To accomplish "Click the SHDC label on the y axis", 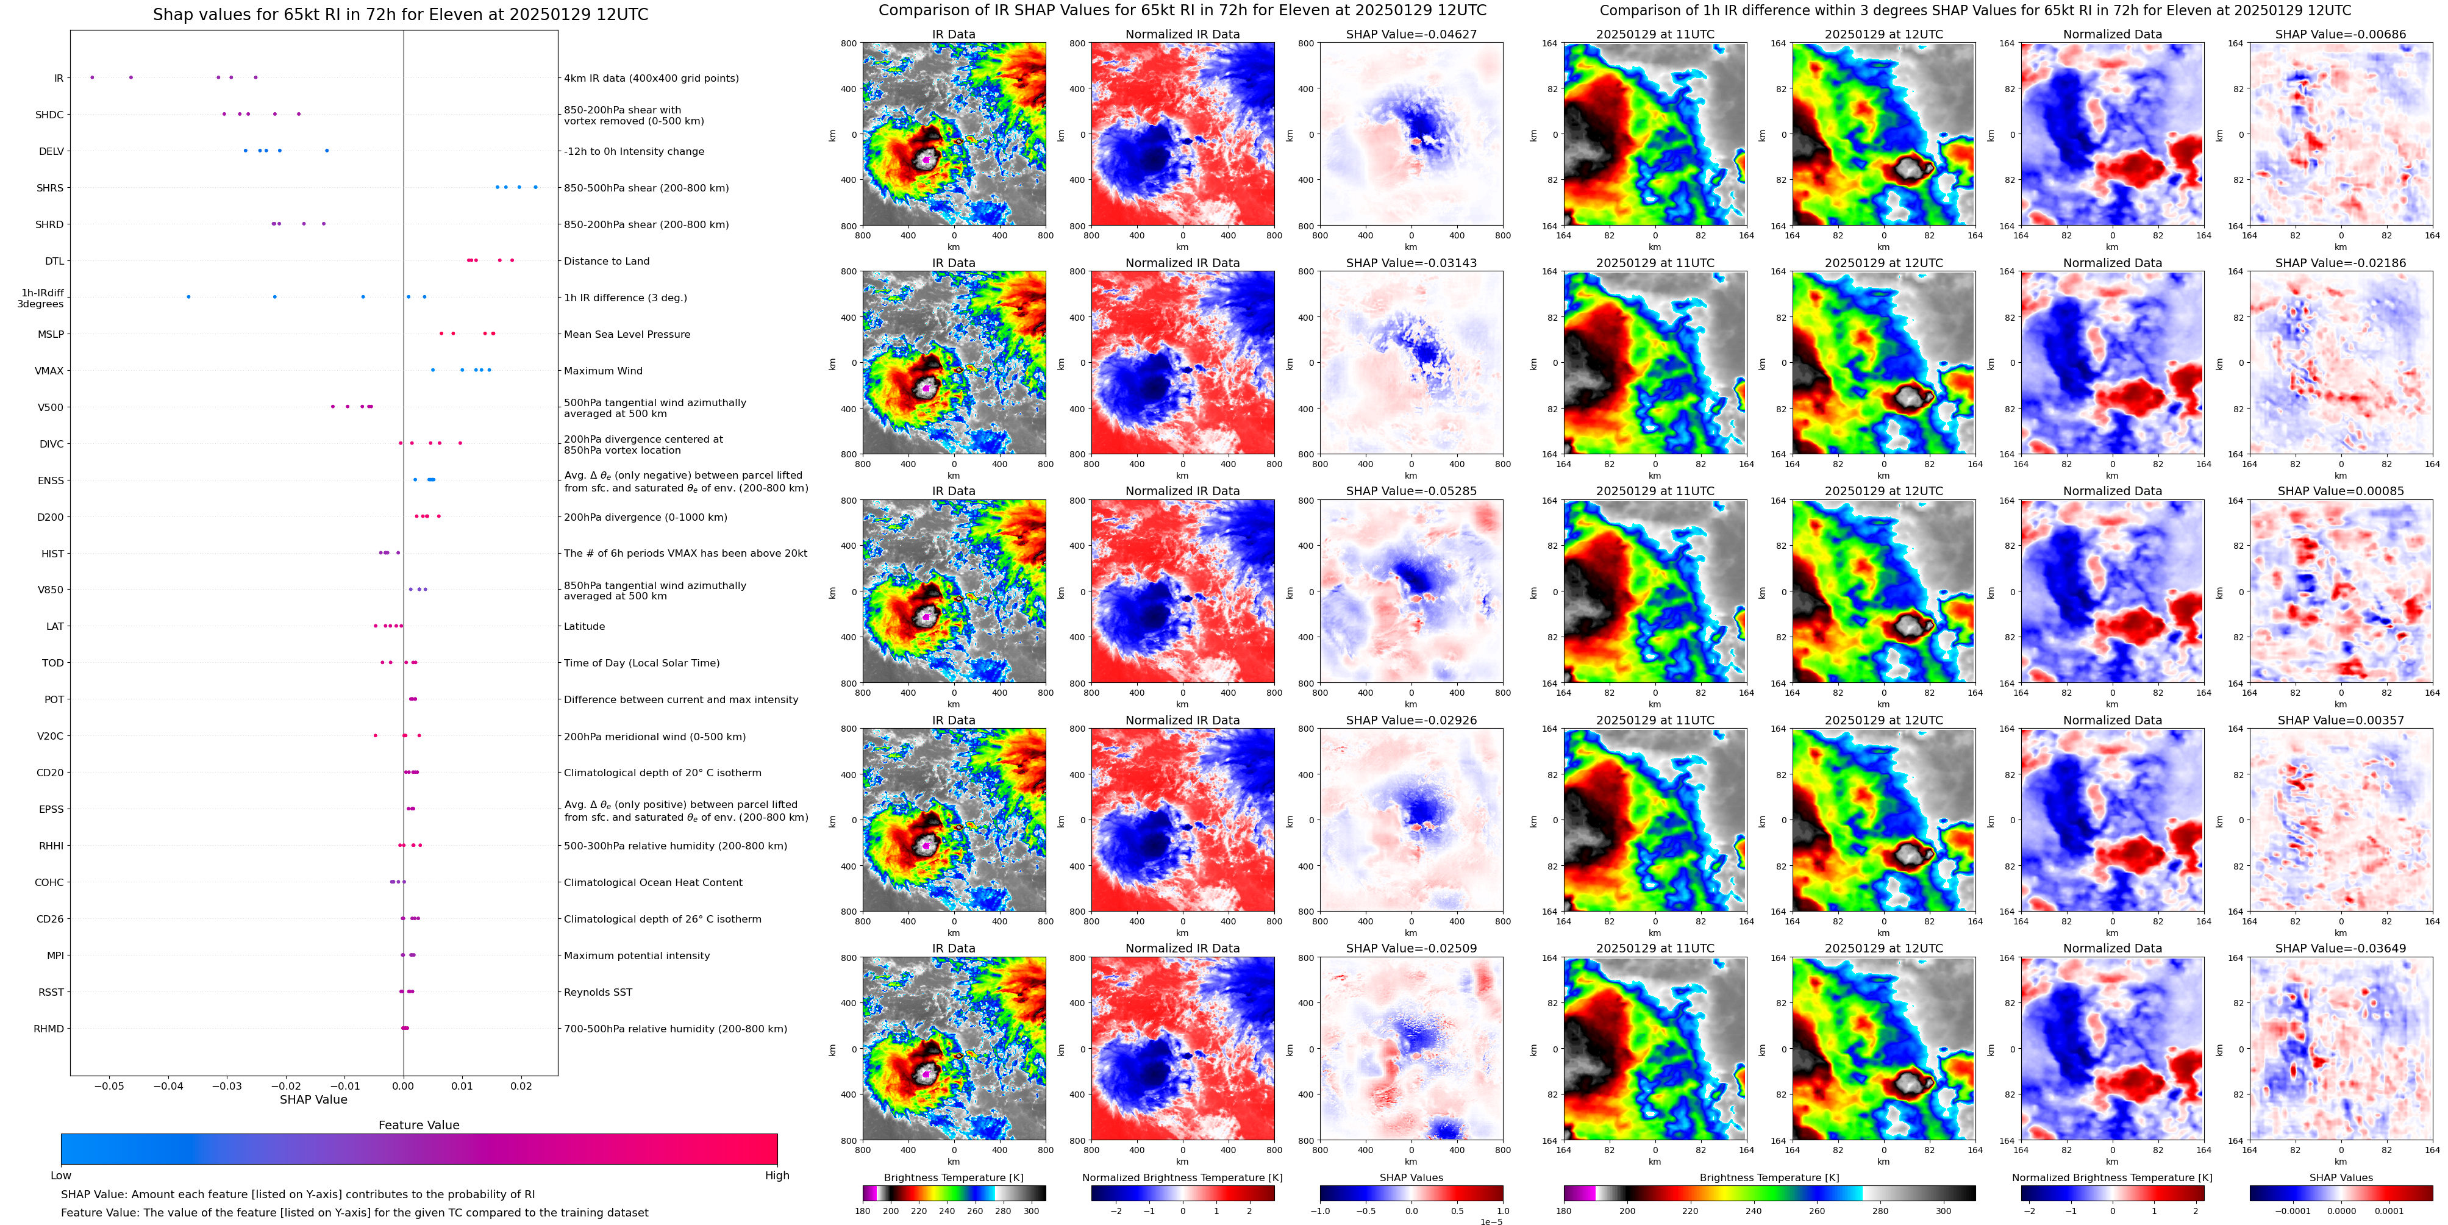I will click(49, 115).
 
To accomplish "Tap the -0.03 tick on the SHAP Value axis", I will click(227, 1085).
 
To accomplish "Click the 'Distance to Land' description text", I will click(606, 262).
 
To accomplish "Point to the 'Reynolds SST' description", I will click(598, 992).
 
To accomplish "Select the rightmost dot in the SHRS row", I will click(535, 187).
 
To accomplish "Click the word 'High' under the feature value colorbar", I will click(776, 1176).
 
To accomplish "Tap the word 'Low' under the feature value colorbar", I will click(61, 1176).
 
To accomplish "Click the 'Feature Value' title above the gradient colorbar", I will click(418, 1125).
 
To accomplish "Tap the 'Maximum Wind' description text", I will click(602, 371).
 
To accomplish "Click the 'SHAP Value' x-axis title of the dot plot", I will click(313, 1099).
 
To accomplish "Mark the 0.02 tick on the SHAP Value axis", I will click(521, 1085).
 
